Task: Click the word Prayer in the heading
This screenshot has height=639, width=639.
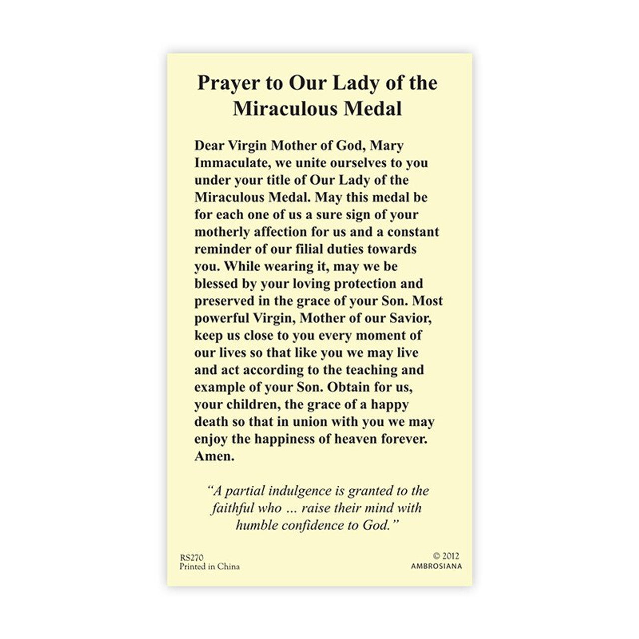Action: pos(224,83)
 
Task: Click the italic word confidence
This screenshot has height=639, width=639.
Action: pos(319,525)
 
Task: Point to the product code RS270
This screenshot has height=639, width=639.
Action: pos(190,557)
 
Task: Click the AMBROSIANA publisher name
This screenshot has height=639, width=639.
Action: pos(436,566)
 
